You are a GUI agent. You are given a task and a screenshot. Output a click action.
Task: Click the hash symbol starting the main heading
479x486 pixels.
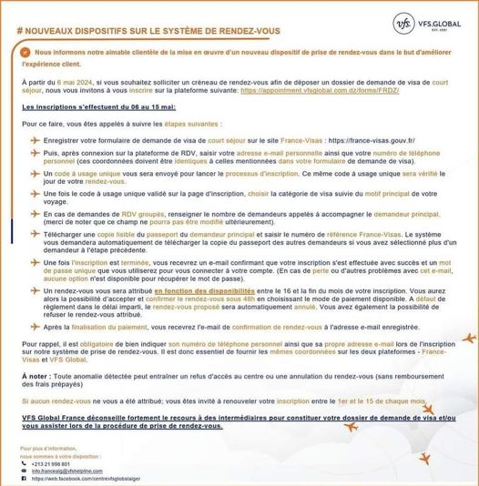click(x=21, y=29)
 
